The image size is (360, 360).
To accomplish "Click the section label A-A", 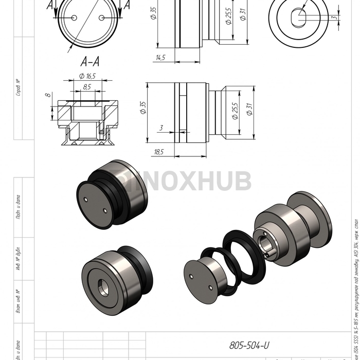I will click(x=90, y=62).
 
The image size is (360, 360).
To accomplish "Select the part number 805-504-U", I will click(x=249, y=345).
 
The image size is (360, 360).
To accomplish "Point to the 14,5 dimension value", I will click(x=160, y=58).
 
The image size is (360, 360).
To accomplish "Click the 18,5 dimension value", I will click(x=158, y=152).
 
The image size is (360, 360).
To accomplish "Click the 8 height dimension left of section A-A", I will click(x=47, y=95).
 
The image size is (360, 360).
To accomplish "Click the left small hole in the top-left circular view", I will click(x=75, y=17).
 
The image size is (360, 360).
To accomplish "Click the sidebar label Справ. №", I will click(x=19, y=87).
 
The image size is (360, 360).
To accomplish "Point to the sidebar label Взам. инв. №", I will click(x=19, y=301).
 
